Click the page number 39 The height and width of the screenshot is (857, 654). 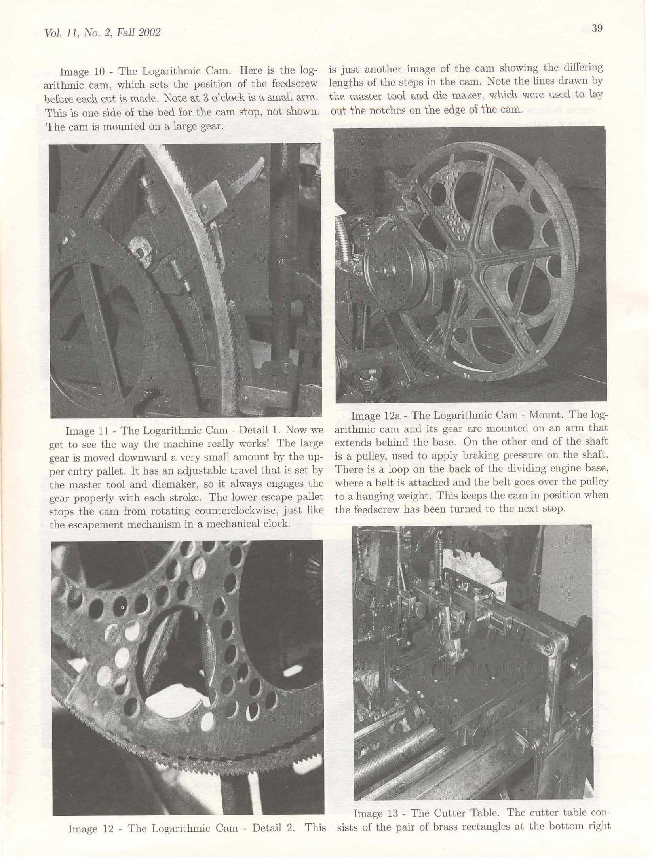(x=597, y=28)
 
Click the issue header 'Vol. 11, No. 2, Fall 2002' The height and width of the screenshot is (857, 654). (x=103, y=32)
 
